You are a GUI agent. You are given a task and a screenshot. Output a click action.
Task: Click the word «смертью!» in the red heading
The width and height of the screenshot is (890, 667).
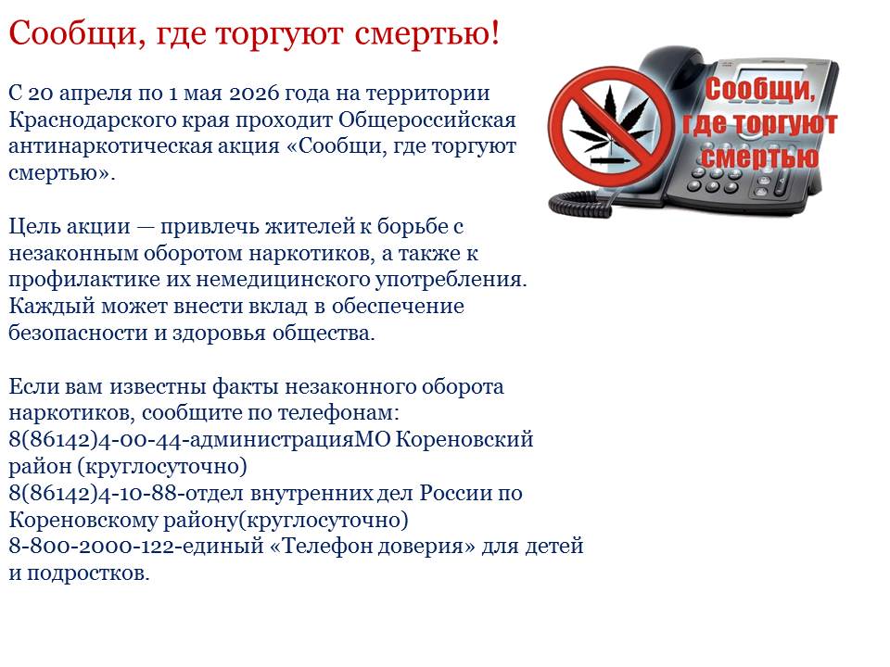pos(427,33)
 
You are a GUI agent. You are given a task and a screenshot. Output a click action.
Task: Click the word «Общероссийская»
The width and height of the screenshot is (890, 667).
pos(426,120)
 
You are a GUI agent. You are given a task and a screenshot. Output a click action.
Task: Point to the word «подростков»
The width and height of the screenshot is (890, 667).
pos(88,573)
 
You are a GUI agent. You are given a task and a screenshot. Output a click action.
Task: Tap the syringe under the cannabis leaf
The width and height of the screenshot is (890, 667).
pos(610,161)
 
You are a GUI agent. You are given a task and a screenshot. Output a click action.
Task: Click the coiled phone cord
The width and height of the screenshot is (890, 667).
pos(585,201)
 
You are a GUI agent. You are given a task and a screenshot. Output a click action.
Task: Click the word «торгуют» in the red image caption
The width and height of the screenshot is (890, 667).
pos(785,123)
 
